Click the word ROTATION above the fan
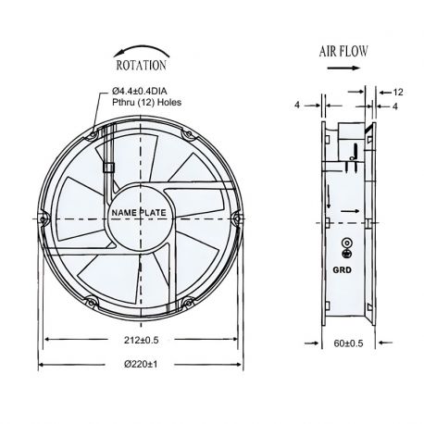[x=141, y=66]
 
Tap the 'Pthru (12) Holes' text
[x=147, y=103]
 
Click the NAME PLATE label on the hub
[x=139, y=214]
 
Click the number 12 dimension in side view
[x=398, y=94]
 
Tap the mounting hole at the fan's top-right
[x=186, y=134]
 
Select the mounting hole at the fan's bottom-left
[x=93, y=299]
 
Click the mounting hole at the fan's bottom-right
[x=187, y=299]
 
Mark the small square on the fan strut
[x=110, y=168]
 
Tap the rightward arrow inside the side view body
[x=346, y=212]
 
